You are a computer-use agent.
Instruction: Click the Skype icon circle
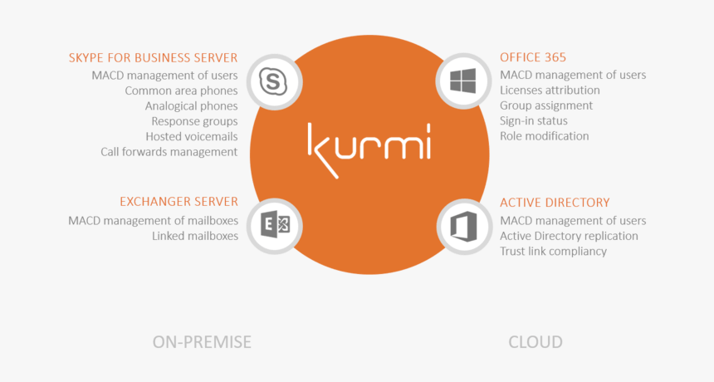275,82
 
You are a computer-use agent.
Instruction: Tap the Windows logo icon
463,81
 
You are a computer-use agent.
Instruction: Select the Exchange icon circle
275,226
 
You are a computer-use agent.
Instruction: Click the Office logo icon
464,226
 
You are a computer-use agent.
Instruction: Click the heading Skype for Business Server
153,58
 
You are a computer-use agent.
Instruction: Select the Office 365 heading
533,57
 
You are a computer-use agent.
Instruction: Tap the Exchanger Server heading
179,202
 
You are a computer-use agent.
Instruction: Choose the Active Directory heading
555,203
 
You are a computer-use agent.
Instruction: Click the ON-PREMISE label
202,342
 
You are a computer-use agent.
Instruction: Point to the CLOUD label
535,342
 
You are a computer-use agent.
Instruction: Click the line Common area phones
181,91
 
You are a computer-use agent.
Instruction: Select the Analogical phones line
191,106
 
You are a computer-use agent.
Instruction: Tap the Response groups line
194,121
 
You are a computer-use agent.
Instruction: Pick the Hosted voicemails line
192,136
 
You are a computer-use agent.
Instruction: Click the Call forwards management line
169,152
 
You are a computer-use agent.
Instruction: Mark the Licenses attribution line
550,91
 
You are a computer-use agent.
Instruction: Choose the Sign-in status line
534,121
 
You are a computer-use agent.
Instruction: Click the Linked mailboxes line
195,236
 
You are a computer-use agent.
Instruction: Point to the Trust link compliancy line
553,252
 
